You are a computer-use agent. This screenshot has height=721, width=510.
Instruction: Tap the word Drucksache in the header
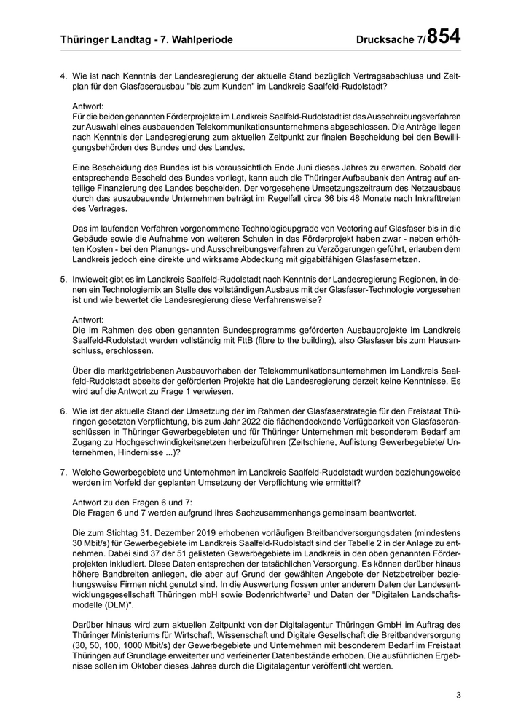385,39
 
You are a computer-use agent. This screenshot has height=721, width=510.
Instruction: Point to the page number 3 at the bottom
459,695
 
